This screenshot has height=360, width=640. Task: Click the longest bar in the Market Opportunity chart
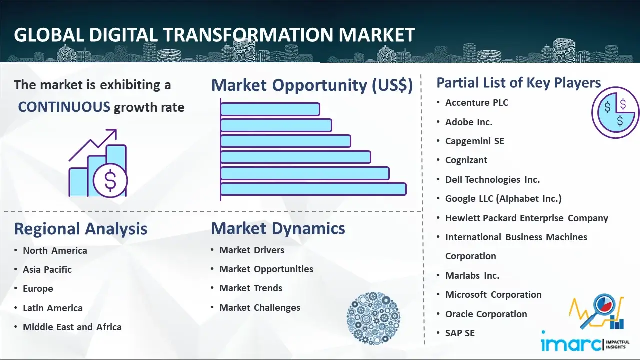313,189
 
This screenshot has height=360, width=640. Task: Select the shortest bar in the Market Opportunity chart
270,109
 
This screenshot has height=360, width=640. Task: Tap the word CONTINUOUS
64,107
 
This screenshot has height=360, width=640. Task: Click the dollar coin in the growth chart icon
110,181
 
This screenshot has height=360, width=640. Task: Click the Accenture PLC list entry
477,103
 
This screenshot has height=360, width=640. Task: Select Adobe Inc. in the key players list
469,122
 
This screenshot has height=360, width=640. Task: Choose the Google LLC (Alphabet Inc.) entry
503,199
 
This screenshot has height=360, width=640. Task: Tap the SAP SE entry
460,333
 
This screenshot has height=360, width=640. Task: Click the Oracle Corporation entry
486,314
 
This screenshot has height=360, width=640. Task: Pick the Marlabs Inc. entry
472,275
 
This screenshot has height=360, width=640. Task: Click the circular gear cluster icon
373,318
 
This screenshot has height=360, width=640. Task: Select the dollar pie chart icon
615,112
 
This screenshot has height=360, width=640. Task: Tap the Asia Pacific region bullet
47,269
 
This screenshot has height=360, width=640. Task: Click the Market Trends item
251,288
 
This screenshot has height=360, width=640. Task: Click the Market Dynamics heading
278,228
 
